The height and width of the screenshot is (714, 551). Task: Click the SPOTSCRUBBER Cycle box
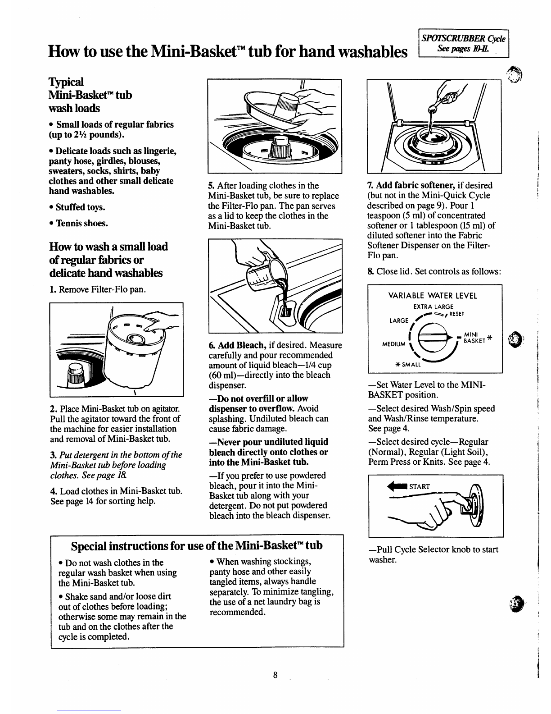click(463, 43)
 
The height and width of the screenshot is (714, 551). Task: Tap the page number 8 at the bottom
click(275, 675)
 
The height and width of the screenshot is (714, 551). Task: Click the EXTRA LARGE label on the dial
click(433, 307)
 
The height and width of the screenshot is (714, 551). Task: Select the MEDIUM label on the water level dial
click(394, 344)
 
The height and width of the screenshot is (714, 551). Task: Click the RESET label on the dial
click(457, 314)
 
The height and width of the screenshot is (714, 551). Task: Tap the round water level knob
click(433, 338)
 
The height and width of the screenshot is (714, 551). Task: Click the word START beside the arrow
click(419, 487)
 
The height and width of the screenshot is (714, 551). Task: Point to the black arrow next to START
click(397, 486)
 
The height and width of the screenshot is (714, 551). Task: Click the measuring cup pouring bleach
click(265, 273)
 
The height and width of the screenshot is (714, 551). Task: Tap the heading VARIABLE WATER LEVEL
click(433, 296)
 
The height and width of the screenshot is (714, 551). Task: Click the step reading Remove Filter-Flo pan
click(98, 289)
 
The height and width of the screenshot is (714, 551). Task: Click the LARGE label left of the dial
click(399, 320)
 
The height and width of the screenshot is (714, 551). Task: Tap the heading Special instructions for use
click(197, 546)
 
